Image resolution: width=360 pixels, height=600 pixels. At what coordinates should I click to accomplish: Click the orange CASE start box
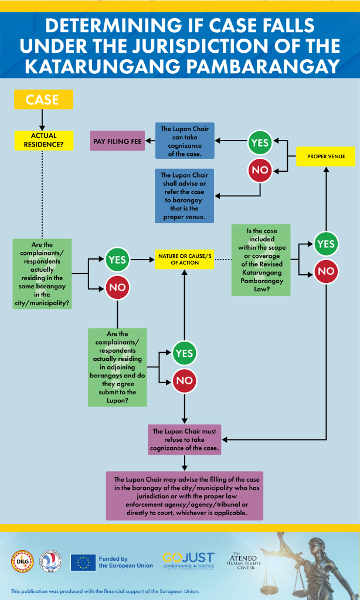click(x=43, y=100)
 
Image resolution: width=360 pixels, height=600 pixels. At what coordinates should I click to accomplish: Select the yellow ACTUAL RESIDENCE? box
click(x=43, y=141)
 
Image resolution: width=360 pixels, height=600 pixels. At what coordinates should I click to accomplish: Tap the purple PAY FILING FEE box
click(x=117, y=141)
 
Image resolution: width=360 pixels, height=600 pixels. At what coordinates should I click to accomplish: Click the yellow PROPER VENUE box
click(x=326, y=156)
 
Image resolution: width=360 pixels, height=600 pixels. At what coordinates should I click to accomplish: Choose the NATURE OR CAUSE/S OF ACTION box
click(x=185, y=260)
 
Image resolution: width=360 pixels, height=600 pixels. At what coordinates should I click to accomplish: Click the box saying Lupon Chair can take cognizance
click(x=185, y=141)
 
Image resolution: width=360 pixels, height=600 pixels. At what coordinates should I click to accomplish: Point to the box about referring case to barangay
click(x=185, y=196)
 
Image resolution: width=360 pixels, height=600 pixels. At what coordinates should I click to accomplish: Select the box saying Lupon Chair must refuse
click(x=185, y=439)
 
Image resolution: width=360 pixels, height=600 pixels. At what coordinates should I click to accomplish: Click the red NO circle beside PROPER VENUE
click(x=260, y=169)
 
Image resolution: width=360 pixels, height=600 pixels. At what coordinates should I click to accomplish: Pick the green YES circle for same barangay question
click(x=118, y=260)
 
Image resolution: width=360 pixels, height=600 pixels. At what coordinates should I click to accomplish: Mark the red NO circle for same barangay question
click(x=118, y=287)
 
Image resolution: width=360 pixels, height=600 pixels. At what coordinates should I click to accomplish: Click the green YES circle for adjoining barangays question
click(x=185, y=353)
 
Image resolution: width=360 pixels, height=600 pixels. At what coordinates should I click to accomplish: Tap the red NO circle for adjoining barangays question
click(x=185, y=380)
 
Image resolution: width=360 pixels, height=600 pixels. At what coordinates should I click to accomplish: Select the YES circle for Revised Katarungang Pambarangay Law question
click(x=327, y=244)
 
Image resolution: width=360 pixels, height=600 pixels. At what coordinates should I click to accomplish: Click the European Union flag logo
click(x=83, y=562)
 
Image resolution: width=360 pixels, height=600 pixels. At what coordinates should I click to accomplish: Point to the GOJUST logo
click(x=189, y=561)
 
